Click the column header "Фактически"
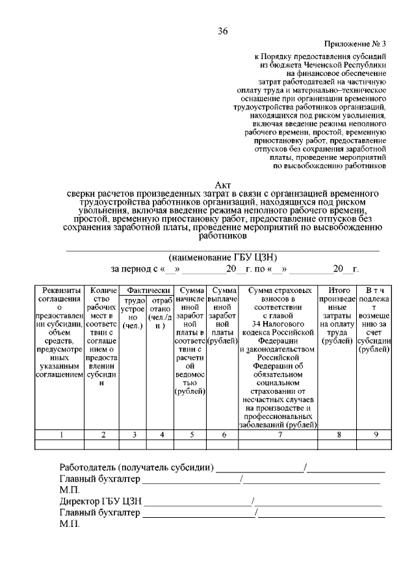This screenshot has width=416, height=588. [x=149, y=290]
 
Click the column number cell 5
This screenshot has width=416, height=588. [x=190, y=435]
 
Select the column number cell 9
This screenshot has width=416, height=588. [x=374, y=435]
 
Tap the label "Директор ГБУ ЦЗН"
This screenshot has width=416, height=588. [x=99, y=502]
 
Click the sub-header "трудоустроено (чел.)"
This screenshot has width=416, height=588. [x=133, y=313]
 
